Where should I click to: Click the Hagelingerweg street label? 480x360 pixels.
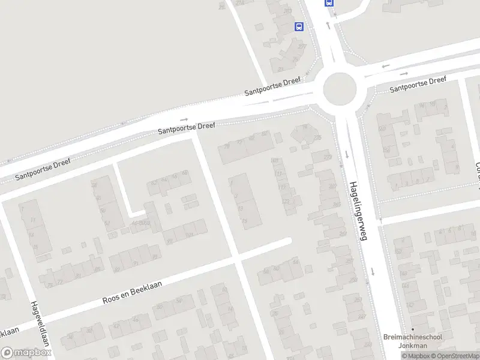[358, 211]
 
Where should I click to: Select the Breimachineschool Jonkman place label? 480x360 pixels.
[413, 341]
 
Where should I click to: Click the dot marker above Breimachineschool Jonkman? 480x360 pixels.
[412, 329]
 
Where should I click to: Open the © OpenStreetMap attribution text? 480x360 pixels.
[454, 356]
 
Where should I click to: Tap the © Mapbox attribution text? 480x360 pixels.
[415, 356]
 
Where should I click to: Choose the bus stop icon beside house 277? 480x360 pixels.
[299, 26]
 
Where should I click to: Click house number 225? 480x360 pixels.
[317, 137]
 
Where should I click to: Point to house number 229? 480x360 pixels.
[328, 157]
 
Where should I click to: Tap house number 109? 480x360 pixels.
[275, 160]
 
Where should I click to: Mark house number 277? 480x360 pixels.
[302, 47]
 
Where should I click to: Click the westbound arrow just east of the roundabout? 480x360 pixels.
[385, 65]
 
